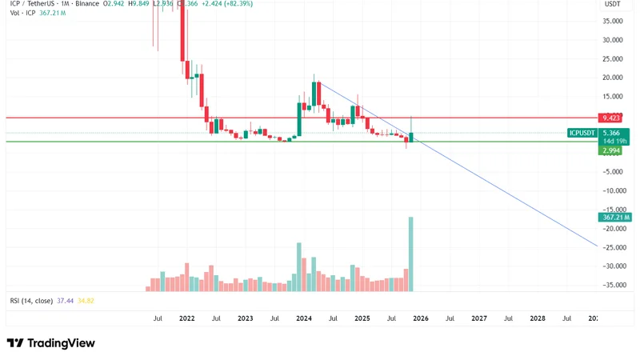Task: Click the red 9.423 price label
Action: coord(611,118)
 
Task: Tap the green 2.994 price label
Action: coord(611,150)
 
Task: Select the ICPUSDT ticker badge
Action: coord(582,133)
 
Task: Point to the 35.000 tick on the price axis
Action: coord(613,22)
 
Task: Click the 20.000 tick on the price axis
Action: coord(613,78)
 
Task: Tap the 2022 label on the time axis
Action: coord(187,318)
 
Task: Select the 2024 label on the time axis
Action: coord(304,318)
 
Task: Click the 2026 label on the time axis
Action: coord(421,318)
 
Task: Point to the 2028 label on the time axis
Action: coord(538,318)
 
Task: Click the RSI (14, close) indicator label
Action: coord(31,301)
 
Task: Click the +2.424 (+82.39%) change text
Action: coord(227,3)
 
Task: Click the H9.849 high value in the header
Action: coord(141,3)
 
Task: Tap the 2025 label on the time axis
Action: coord(362,318)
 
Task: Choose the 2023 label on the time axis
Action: coord(246,318)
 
